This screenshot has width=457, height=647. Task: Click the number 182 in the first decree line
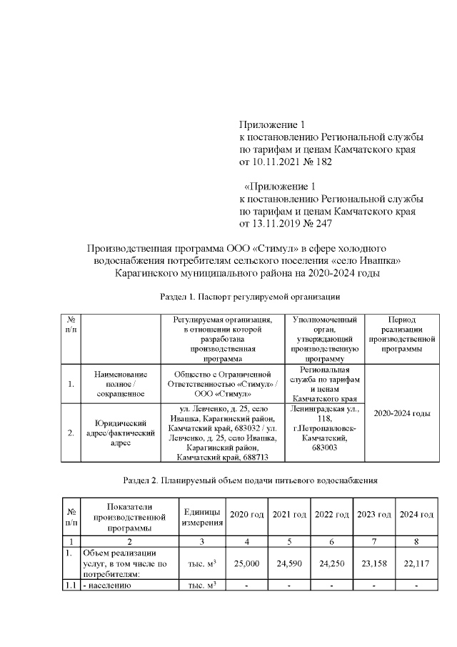click(323, 162)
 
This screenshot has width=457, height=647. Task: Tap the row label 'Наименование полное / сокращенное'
click(120, 384)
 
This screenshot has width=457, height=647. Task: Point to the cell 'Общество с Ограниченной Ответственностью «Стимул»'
click(224, 384)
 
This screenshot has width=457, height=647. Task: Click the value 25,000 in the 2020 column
click(245, 563)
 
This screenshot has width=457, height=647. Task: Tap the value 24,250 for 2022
click(331, 563)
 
